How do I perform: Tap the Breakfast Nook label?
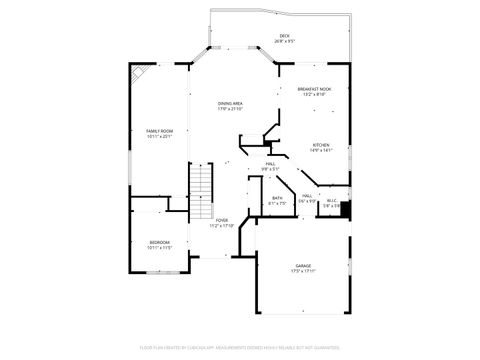[314, 89]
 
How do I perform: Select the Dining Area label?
[231, 103]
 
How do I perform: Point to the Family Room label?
[160, 131]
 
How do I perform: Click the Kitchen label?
[320, 146]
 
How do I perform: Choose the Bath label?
[277, 198]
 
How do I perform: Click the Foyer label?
[222, 220]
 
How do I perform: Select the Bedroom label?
[160, 242]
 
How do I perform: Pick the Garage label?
[303, 265]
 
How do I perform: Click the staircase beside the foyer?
[203, 185]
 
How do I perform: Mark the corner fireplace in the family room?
[137, 76]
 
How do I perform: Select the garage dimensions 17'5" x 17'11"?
[303, 271]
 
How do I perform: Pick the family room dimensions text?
[160, 137]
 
